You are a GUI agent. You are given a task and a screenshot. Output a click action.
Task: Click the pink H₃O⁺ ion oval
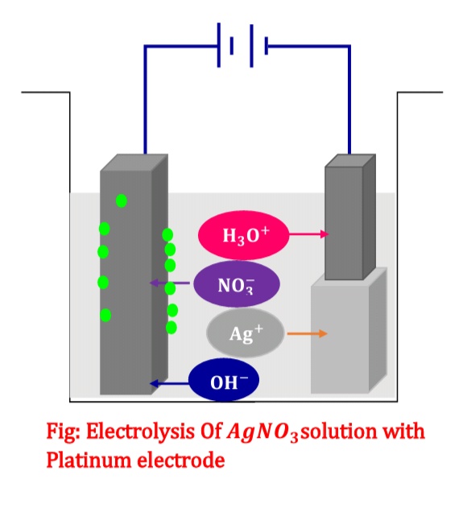(238, 234)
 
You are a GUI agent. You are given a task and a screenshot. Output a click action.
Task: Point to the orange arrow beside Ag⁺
(307, 333)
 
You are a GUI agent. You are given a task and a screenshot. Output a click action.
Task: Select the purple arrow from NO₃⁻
(170, 283)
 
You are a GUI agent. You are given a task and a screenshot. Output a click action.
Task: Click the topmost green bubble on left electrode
(121, 200)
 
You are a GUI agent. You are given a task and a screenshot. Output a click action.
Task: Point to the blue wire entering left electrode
(145, 121)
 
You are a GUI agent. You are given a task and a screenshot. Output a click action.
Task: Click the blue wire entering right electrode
(349, 121)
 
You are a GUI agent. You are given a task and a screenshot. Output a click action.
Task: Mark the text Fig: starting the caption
(64, 432)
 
